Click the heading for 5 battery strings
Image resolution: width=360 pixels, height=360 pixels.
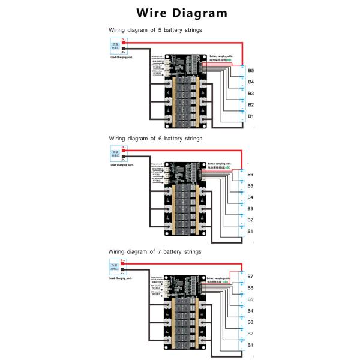tap(155, 29)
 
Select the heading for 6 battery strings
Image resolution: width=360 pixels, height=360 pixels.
tap(155, 139)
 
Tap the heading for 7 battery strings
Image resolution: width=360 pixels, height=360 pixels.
tap(155, 251)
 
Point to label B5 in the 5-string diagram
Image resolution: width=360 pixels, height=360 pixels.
tap(251, 70)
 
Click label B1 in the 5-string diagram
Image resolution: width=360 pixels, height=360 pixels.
tap(251, 115)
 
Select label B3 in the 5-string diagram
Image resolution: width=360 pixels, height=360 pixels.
tap(251, 93)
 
